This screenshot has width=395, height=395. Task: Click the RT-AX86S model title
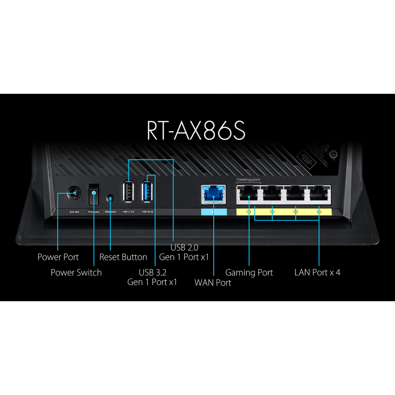[196, 130]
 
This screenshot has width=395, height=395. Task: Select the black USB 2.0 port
[128, 190]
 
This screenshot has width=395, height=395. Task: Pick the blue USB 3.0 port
[148, 190]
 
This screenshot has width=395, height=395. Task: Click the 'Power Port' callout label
[58, 257]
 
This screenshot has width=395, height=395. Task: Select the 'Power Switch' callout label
[76, 272]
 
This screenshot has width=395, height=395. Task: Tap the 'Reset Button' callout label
[123, 257]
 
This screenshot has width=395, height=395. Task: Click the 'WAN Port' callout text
[213, 282]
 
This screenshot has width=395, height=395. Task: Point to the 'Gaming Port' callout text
[249, 272]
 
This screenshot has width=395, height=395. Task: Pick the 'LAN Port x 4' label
[317, 272]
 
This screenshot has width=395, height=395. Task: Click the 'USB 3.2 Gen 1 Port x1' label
[152, 277]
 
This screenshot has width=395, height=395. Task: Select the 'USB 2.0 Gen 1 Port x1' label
[184, 252]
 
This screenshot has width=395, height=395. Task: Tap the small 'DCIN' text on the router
[74, 212]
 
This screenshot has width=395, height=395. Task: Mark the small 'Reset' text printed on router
[110, 212]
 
